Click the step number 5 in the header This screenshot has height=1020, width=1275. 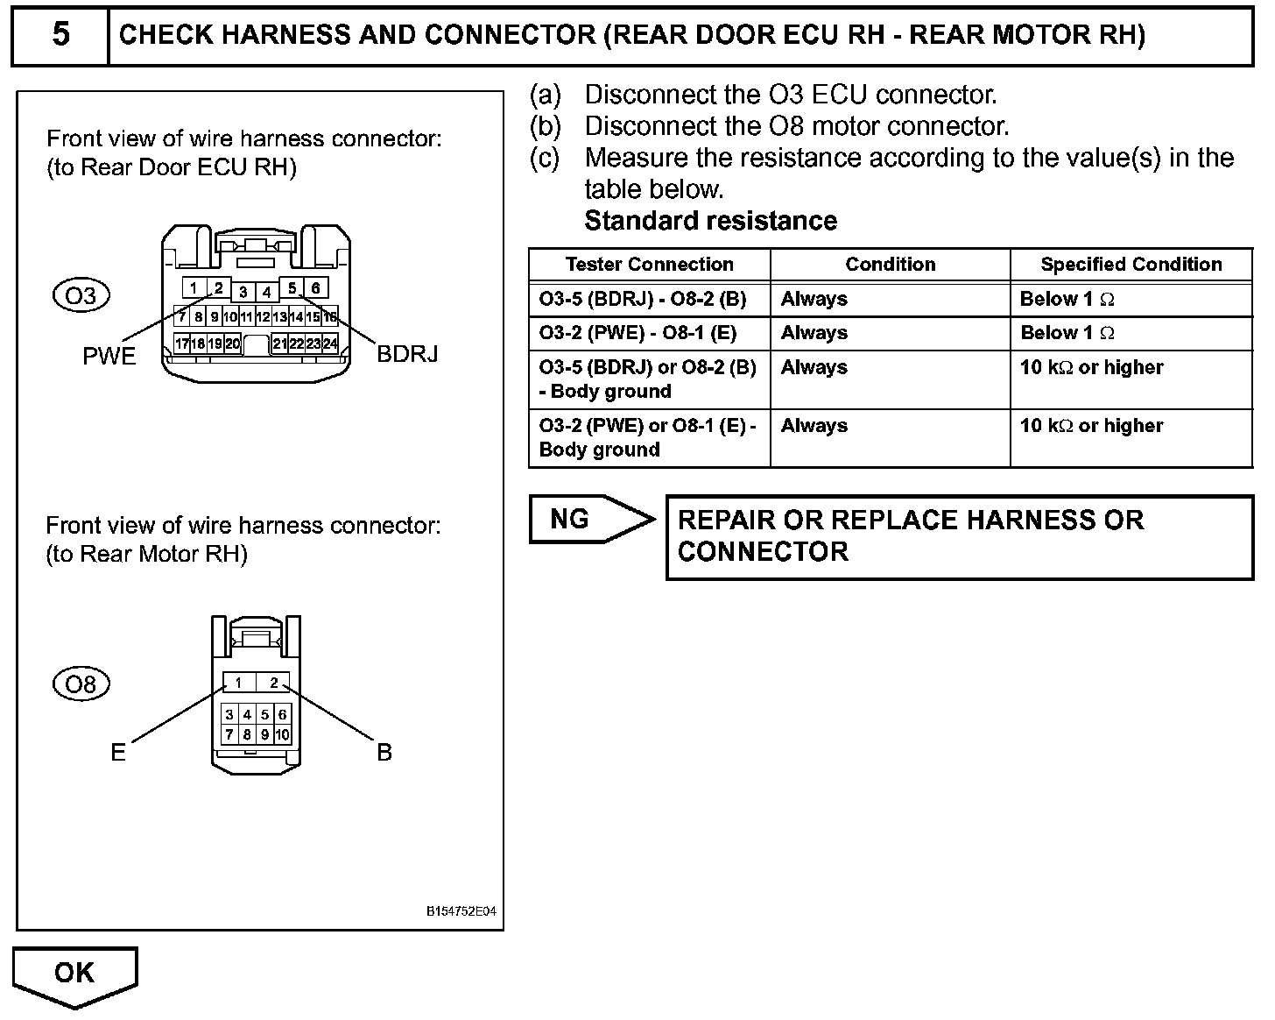tap(60, 35)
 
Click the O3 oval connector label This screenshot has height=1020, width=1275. tap(81, 295)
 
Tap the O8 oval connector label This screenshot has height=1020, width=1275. tap(81, 684)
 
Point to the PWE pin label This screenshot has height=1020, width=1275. tap(109, 356)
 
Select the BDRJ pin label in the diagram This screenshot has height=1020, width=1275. tap(407, 354)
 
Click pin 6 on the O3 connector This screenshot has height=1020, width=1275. tap(316, 287)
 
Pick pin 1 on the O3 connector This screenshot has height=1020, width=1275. tap(194, 287)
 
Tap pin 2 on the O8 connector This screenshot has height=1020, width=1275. tap(273, 683)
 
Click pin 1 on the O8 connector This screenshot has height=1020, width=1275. tap(237, 683)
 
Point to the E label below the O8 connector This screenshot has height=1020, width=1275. tap(118, 752)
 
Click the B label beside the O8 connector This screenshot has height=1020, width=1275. tap(384, 752)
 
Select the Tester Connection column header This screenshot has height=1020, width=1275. tap(649, 265)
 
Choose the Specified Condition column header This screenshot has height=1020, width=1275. tap(1131, 265)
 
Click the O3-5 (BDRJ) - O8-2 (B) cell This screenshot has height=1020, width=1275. tap(643, 299)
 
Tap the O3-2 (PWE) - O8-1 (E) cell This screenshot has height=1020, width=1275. tap(637, 333)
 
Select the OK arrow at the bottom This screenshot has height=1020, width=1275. tap(75, 973)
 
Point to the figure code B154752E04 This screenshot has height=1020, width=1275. tap(461, 911)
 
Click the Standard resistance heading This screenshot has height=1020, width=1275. tap(710, 221)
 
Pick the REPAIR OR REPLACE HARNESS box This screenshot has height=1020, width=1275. tap(959, 536)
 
